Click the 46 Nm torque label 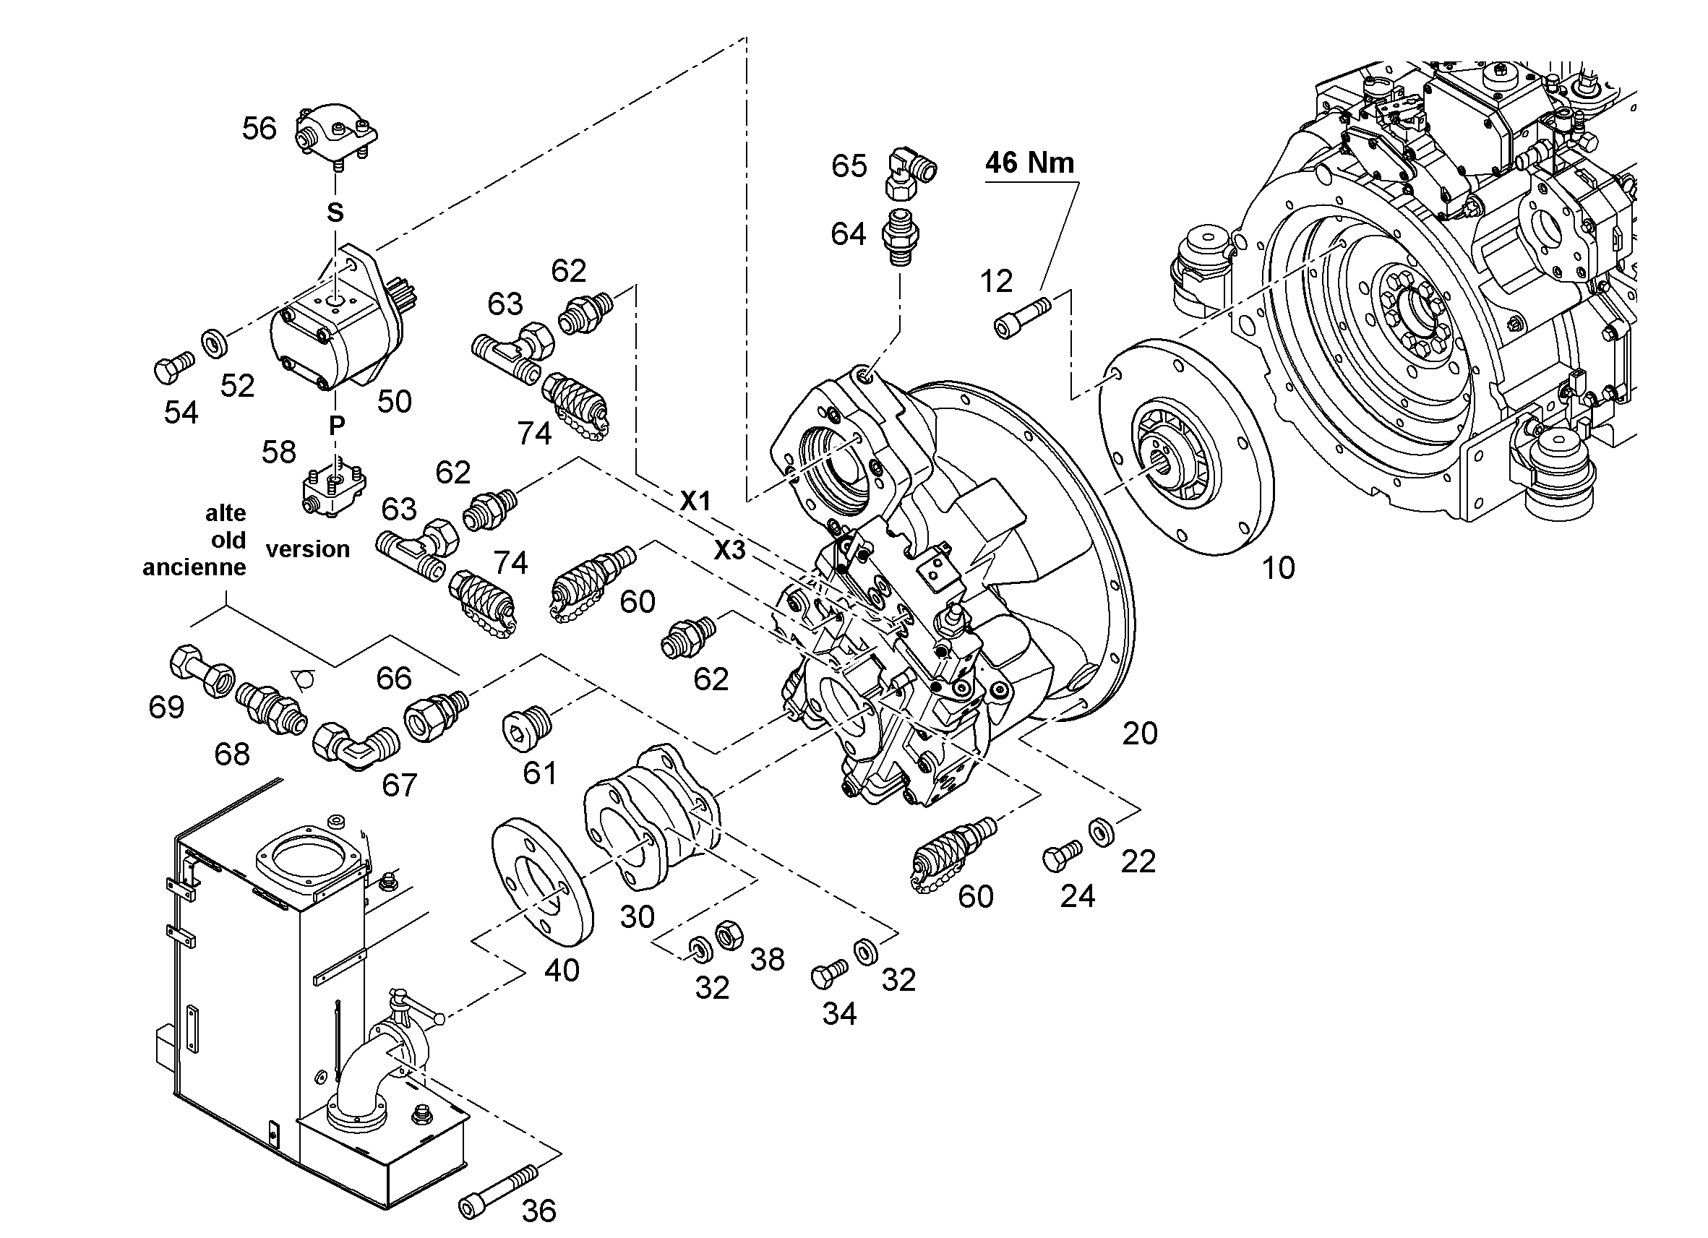coord(1029,163)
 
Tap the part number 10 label coord(1278,568)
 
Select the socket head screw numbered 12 coord(1023,317)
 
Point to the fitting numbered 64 coord(900,235)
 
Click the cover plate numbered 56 coord(337,137)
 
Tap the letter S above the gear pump coord(335,213)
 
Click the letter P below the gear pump coord(336,426)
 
